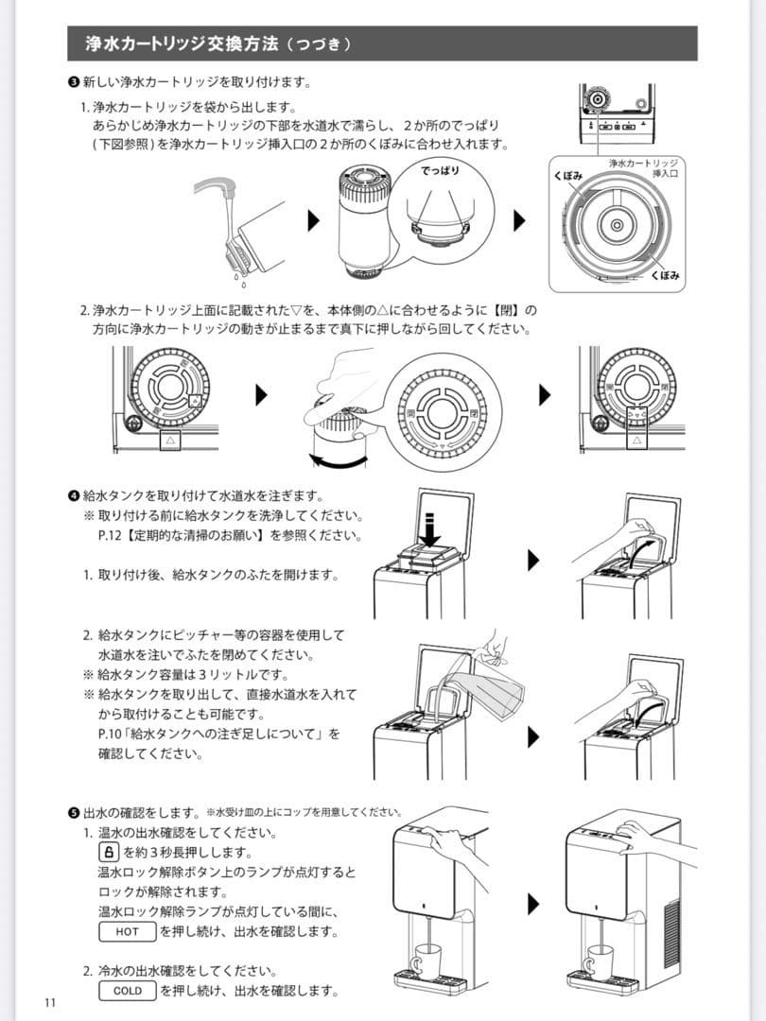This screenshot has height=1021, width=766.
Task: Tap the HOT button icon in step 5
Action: (x=127, y=931)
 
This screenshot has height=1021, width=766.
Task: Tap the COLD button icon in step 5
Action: (x=127, y=991)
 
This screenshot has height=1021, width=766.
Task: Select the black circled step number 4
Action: (x=74, y=495)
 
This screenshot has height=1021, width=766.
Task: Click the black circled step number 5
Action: (x=74, y=812)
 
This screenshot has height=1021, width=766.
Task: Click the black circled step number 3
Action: (x=74, y=82)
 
